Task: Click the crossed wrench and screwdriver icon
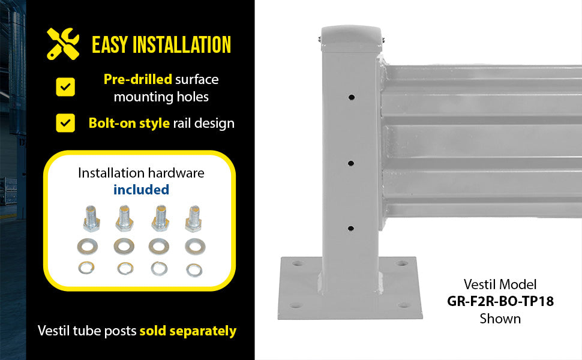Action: coord(63,44)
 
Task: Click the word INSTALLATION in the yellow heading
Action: coord(182,44)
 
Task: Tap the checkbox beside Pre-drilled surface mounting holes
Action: coord(65,87)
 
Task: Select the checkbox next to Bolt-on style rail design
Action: coord(65,123)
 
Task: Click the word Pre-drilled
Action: coord(138,79)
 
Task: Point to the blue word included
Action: coord(141,190)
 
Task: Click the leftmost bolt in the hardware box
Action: coord(91,218)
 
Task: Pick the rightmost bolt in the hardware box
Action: coord(193,218)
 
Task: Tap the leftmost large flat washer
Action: coord(88,246)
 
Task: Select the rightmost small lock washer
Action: coord(194,270)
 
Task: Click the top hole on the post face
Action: coord(351,98)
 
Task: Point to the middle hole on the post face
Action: coord(351,163)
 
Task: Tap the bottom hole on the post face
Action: coord(350,229)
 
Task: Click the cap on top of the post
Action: coord(352,38)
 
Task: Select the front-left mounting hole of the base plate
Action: coord(296,305)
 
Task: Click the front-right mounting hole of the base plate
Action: coord(404,305)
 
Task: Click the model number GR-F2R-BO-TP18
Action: coord(500,301)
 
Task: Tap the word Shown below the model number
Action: coord(500,319)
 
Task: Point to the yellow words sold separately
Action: coord(188,331)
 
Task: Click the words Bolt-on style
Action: coord(129,123)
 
